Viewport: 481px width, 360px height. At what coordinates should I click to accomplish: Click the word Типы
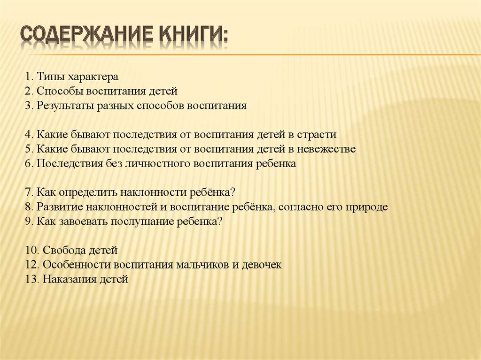click(x=51, y=76)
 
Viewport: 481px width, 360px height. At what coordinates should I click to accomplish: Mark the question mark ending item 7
click(x=233, y=193)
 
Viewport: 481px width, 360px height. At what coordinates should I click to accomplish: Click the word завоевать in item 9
click(x=83, y=222)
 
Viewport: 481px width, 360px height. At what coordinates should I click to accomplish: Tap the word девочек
click(x=262, y=265)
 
